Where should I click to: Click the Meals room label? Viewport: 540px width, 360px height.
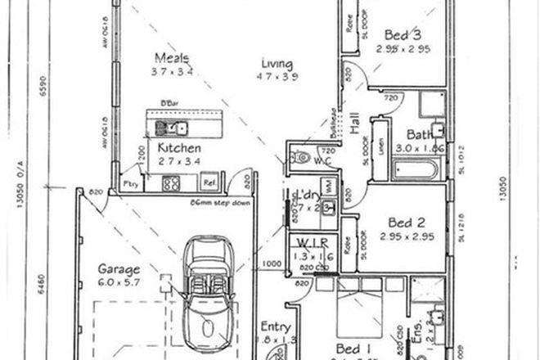pyautogui.click(x=173, y=58)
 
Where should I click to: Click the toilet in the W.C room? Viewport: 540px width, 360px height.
pyautogui.click(x=302, y=157)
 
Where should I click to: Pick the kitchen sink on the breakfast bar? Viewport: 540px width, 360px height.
pyautogui.click(x=176, y=127)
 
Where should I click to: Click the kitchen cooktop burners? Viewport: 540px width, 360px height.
pyautogui.click(x=171, y=183)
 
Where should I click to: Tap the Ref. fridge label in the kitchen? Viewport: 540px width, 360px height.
pyautogui.click(x=209, y=183)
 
